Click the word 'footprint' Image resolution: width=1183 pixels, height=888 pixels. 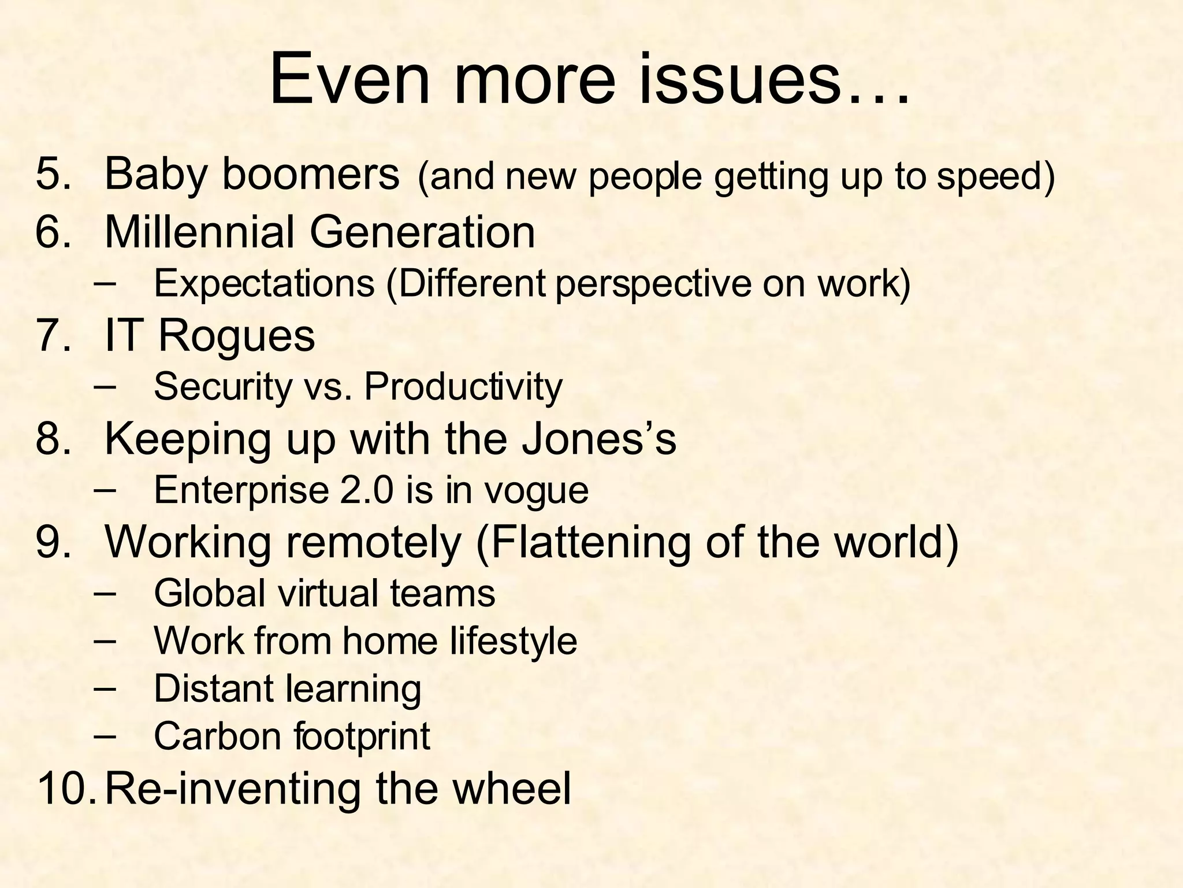coord(362,737)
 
